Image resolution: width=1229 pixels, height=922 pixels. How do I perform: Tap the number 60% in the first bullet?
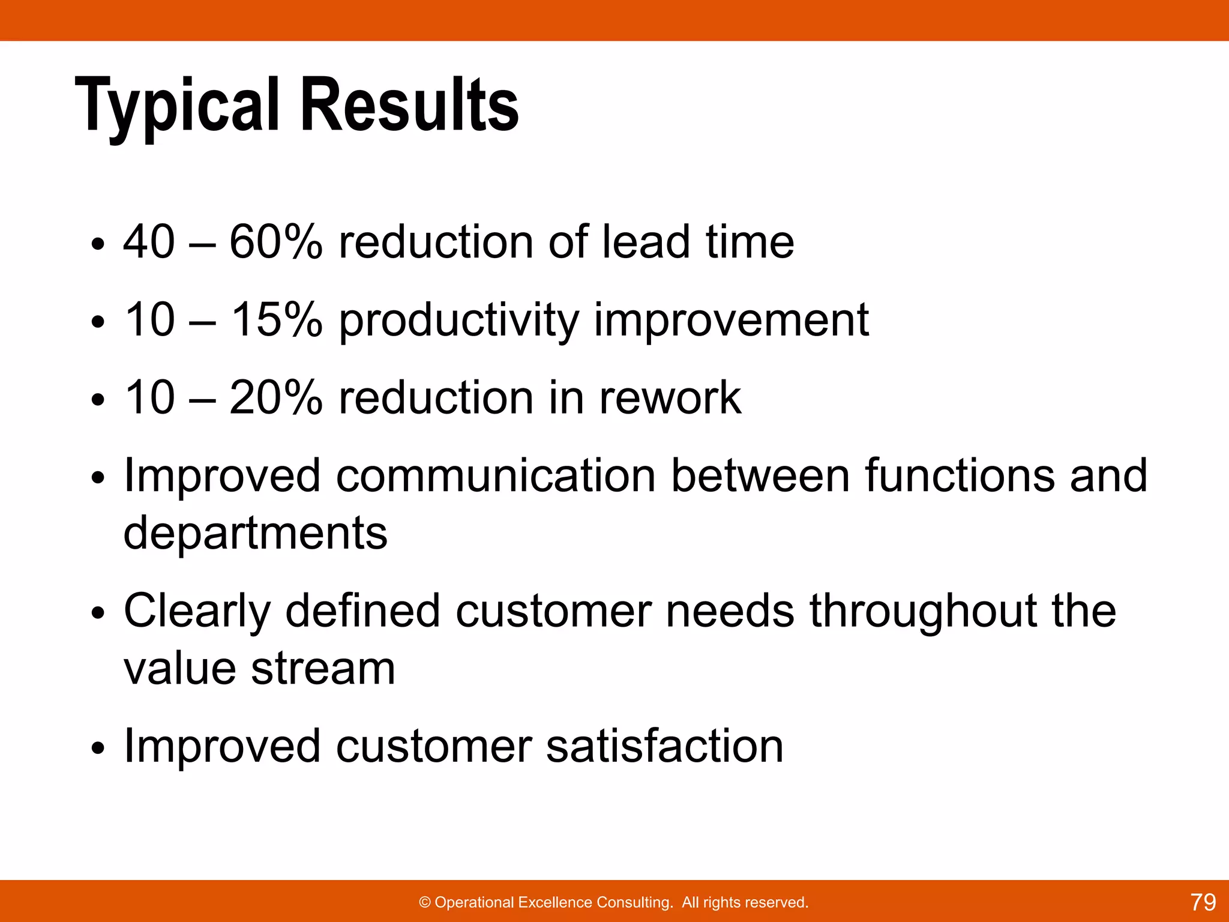tap(275, 242)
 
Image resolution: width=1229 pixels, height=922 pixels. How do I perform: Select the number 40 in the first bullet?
tap(149, 242)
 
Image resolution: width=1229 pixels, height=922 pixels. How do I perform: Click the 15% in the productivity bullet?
tap(277, 319)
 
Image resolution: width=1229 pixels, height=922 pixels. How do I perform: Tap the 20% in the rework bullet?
tap(275, 397)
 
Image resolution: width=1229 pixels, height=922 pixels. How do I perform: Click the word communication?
tap(495, 475)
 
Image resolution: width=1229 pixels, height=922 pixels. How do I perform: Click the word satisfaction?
tap(665, 746)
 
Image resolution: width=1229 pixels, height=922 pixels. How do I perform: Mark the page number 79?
tap(1203, 902)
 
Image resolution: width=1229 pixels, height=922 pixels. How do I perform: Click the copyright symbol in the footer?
tap(425, 902)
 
